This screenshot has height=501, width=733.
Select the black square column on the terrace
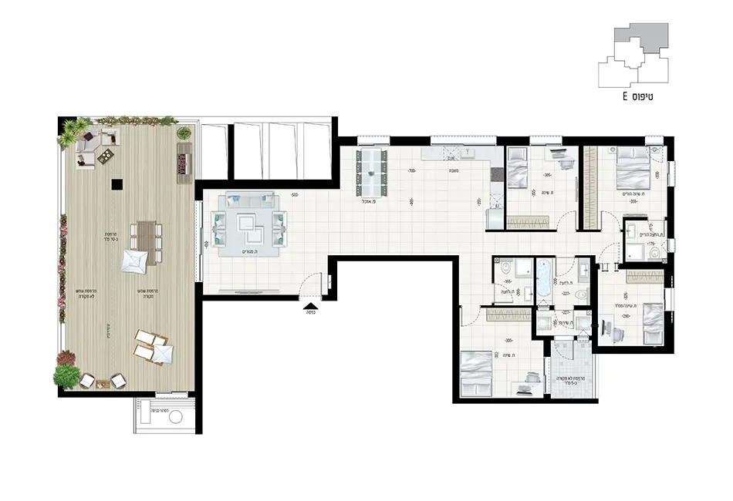tap(116, 183)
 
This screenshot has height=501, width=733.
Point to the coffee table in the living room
tap(249, 224)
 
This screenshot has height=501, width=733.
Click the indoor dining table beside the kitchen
tap(372, 172)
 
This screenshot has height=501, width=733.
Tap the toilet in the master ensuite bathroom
tap(655, 250)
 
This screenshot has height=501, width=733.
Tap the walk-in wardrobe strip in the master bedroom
tap(591, 187)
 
